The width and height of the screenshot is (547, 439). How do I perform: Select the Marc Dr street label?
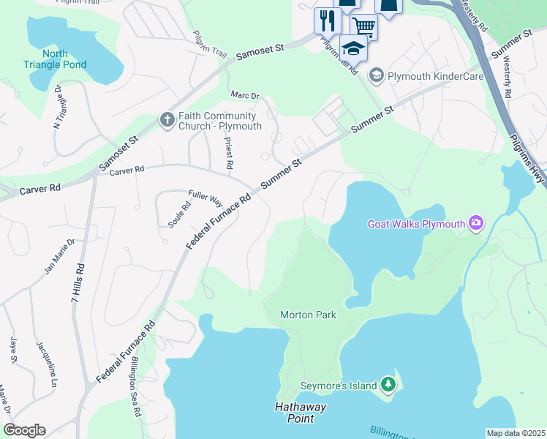(245, 96)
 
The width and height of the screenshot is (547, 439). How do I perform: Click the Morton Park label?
(308, 315)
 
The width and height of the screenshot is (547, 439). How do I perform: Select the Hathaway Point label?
(301, 413)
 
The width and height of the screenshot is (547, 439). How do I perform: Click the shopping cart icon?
(363, 27)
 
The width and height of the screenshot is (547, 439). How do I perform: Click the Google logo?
(24, 430)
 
